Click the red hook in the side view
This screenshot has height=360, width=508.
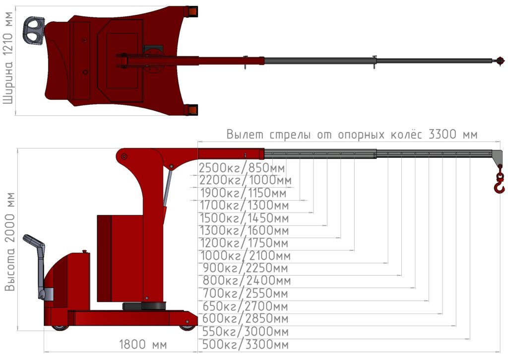499,184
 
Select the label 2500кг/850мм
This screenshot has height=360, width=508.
242,168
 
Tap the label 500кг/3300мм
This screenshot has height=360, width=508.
245,344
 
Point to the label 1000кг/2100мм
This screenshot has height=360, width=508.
246,256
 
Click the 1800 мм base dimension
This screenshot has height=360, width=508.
143,344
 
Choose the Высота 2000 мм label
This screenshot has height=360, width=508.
10,242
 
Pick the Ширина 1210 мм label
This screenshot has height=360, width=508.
8,58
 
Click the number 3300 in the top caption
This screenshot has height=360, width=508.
442,134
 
